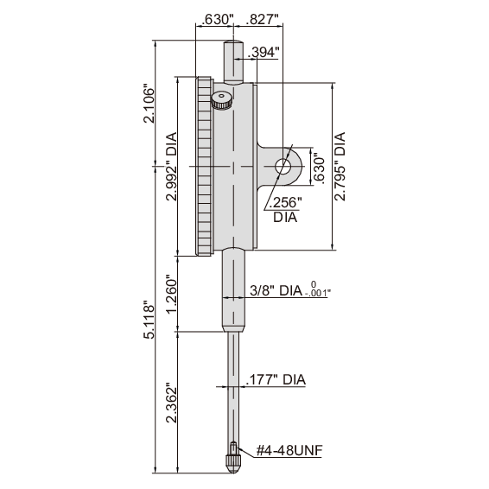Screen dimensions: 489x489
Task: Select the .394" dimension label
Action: click(264, 53)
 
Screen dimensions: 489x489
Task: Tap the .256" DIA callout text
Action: click(285, 209)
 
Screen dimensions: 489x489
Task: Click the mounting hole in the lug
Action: click(283, 165)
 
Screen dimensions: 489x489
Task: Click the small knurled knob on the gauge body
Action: click(221, 102)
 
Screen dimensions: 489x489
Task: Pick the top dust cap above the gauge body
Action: click(232, 60)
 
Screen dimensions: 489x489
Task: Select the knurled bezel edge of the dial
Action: click(204, 167)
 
